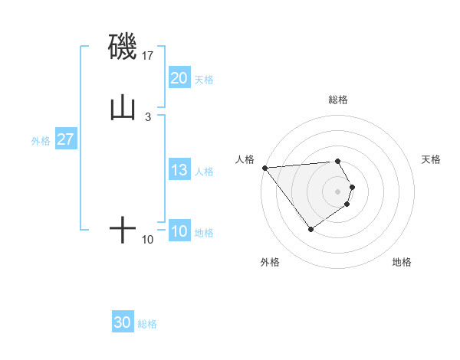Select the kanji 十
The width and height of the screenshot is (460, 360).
tap(123, 230)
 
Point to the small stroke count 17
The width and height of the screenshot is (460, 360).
tap(149, 56)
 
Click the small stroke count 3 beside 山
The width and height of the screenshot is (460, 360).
tap(147, 116)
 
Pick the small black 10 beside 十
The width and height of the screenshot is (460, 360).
tap(148, 240)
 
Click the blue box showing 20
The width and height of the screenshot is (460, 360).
tap(179, 78)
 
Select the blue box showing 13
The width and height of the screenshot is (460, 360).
tap(179, 171)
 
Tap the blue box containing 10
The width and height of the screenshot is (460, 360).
tap(179, 232)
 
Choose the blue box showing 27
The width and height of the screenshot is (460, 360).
tap(65, 140)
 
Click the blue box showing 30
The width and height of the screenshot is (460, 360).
tap(123, 323)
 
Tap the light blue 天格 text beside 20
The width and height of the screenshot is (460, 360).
tap(204, 80)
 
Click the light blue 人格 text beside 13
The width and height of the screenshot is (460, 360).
tap(204, 172)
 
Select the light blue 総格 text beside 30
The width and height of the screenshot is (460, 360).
tap(147, 324)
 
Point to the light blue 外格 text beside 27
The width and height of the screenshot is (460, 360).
tap(41, 141)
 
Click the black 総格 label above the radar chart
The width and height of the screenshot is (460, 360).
tap(338, 100)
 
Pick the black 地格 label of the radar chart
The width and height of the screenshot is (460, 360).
tap(402, 262)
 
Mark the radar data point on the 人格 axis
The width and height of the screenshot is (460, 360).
tap(264, 167)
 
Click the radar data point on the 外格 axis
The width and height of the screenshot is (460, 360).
tap(310, 229)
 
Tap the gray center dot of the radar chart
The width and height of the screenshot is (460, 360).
tap(338, 191)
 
